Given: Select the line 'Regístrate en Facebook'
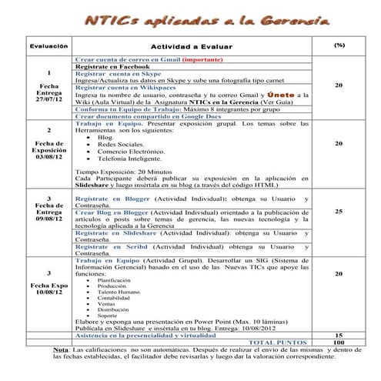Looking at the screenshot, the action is (x=111, y=67).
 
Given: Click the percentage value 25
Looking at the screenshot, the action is (x=339, y=211).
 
